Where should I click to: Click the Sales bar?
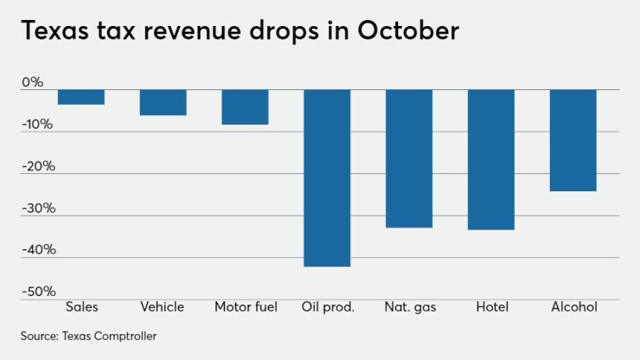[x=81, y=97]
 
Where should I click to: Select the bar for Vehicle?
[x=163, y=102]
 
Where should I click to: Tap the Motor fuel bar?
[x=245, y=107]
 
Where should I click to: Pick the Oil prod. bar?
[x=327, y=177]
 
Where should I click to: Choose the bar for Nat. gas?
[x=409, y=158]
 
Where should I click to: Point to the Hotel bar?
[x=491, y=159]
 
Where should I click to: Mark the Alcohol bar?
[x=573, y=140]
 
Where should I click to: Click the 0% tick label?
[x=32, y=83]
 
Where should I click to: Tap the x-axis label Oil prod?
[x=328, y=306]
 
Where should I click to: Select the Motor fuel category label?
[x=246, y=306]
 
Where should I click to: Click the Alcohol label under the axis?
[x=573, y=306]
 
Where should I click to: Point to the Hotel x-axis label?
[x=491, y=306]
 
